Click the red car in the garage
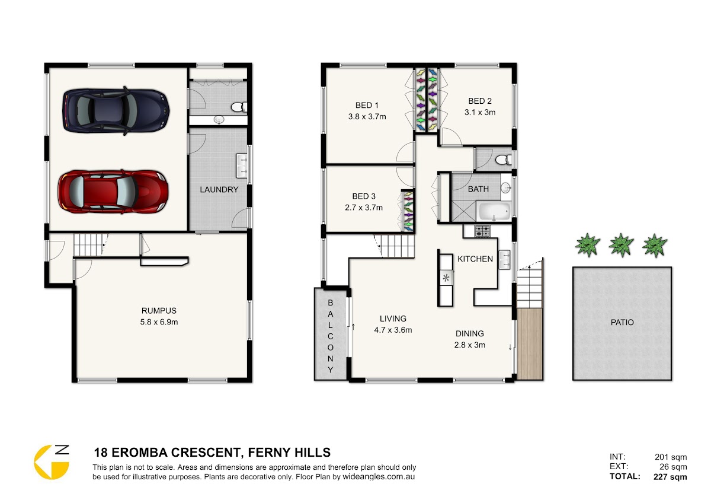pyautogui.click(x=113, y=192)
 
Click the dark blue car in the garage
pyautogui.click(x=116, y=110)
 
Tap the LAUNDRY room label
pyautogui.click(x=219, y=190)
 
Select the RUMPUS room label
pyautogui.click(x=159, y=310)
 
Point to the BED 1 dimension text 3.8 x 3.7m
pyautogui.click(x=367, y=117)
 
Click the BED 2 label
pyautogui.click(x=480, y=101)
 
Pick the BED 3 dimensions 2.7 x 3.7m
pyautogui.click(x=364, y=208)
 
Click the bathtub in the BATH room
pyautogui.click(x=494, y=211)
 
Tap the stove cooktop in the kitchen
pyautogui.click(x=482, y=231)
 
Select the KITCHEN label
pyautogui.click(x=475, y=259)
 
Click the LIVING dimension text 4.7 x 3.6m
pyautogui.click(x=393, y=330)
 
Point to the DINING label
pyautogui.click(x=470, y=333)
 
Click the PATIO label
pyautogui.click(x=622, y=323)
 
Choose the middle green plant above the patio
pyautogui.click(x=621, y=245)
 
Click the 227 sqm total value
pyautogui.click(x=670, y=477)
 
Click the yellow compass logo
pyautogui.click(x=51, y=462)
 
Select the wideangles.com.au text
pyautogui.click(x=379, y=477)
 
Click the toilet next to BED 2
pyautogui.click(x=504, y=160)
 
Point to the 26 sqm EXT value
pyautogui.click(x=673, y=467)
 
